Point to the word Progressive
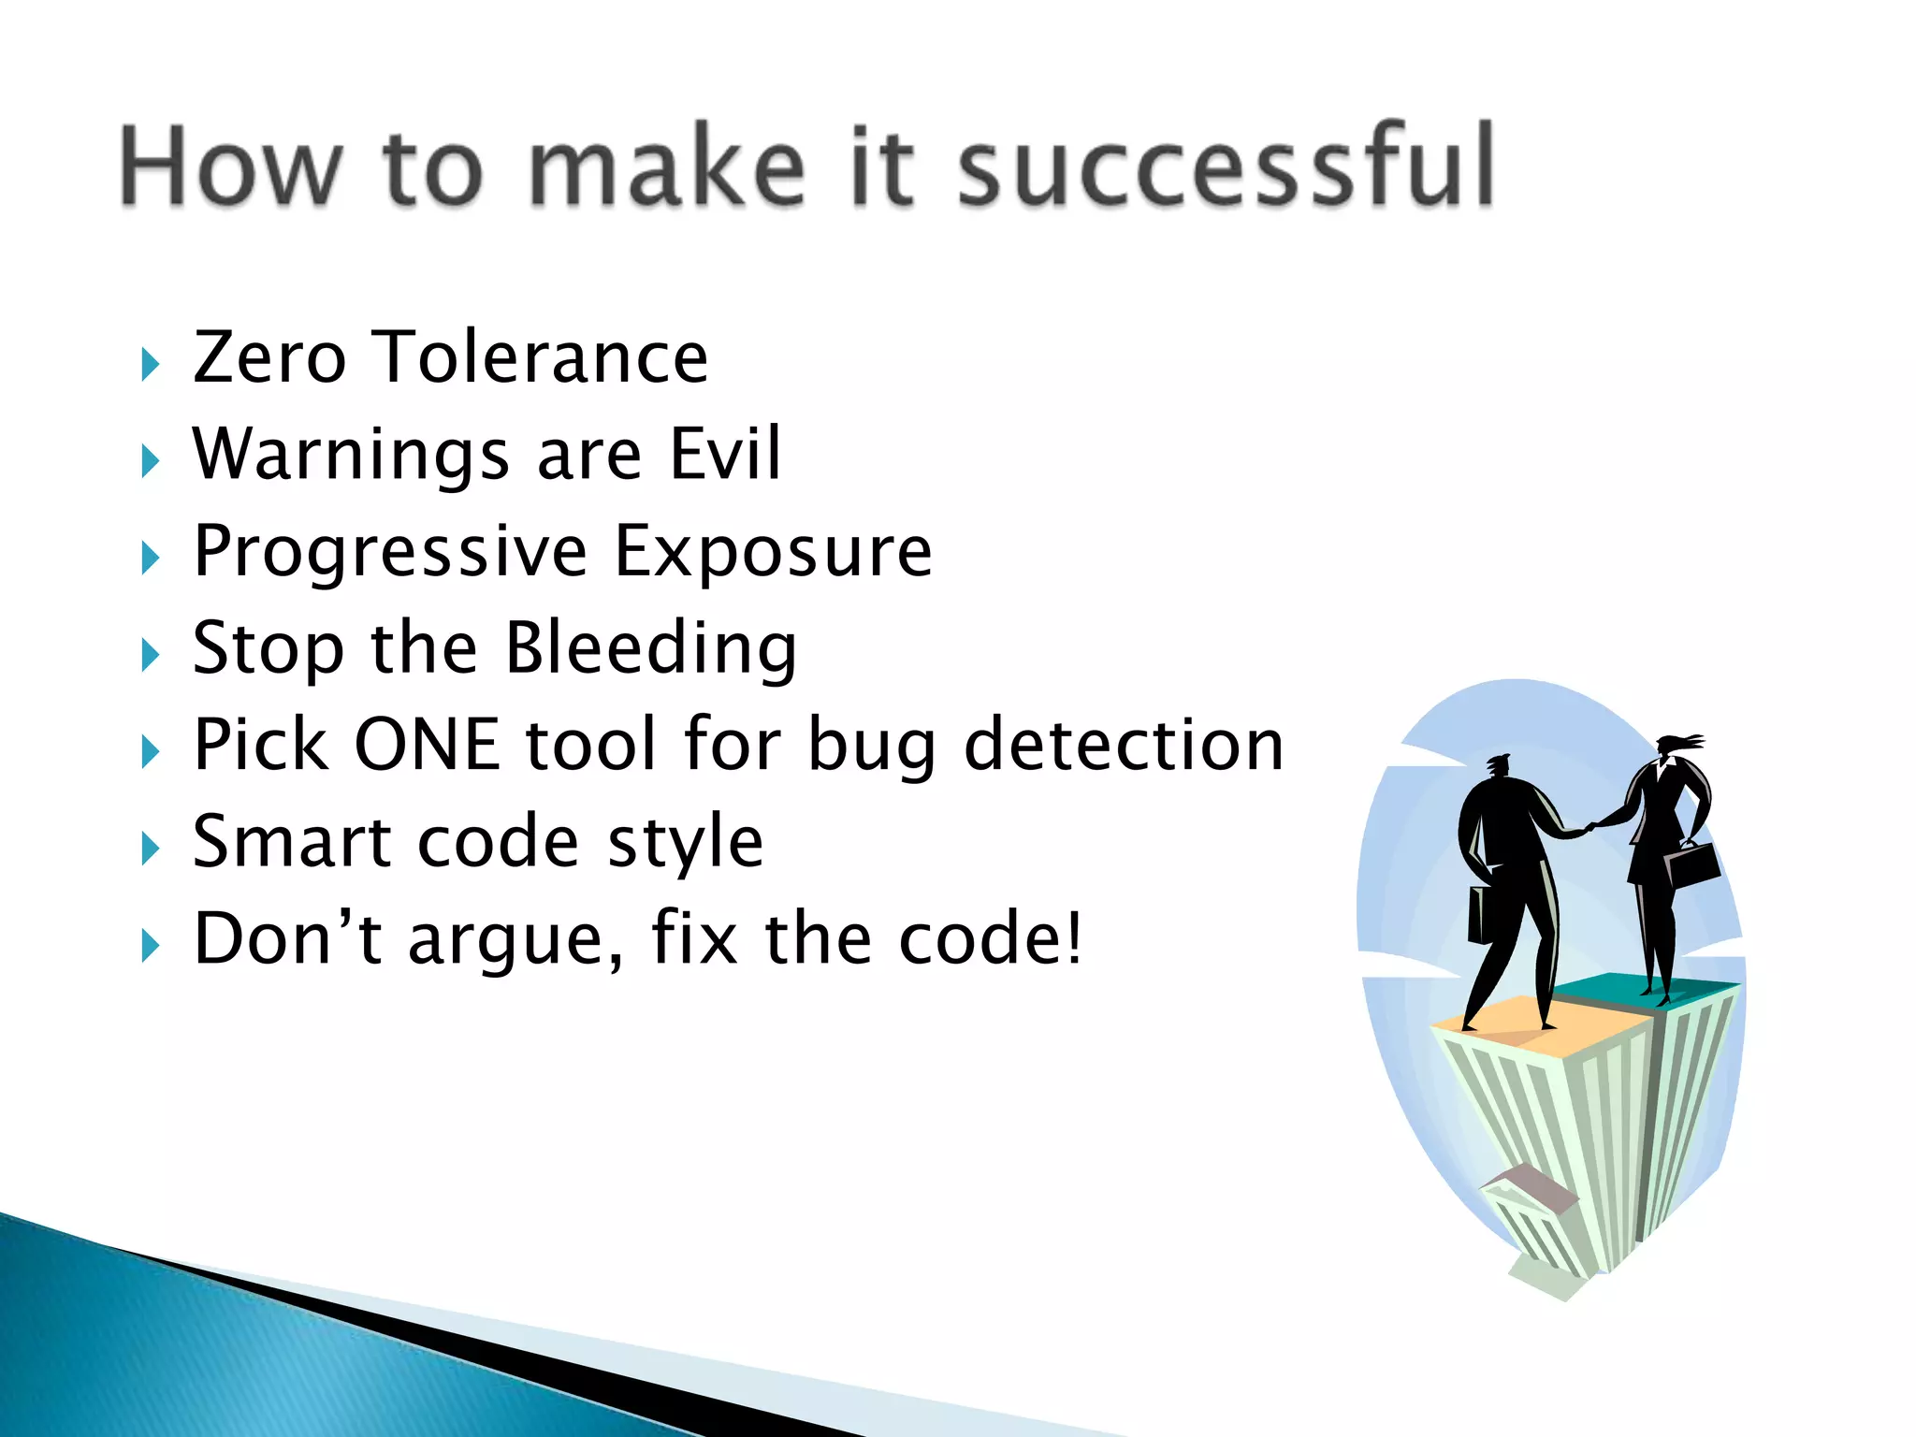(390, 554)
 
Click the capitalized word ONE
(427, 746)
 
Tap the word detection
(1124, 746)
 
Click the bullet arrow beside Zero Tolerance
(150, 364)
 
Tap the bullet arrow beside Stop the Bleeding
(150, 655)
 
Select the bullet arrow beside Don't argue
(150, 946)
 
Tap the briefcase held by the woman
(1694, 864)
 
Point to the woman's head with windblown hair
(1671, 748)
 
